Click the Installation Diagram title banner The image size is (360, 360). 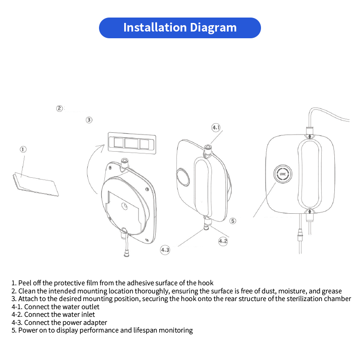point(180,27)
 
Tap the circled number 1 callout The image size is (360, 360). point(23,149)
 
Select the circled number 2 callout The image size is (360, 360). point(59,108)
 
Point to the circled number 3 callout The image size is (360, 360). point(89,120)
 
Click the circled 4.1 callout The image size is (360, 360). point(216,128)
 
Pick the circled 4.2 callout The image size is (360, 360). point(223,241)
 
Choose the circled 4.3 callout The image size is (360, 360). point(165,249)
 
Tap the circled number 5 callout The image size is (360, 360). point(233,220)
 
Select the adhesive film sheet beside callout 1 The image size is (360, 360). point(36,184)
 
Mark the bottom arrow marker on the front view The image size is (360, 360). point(310,211)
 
